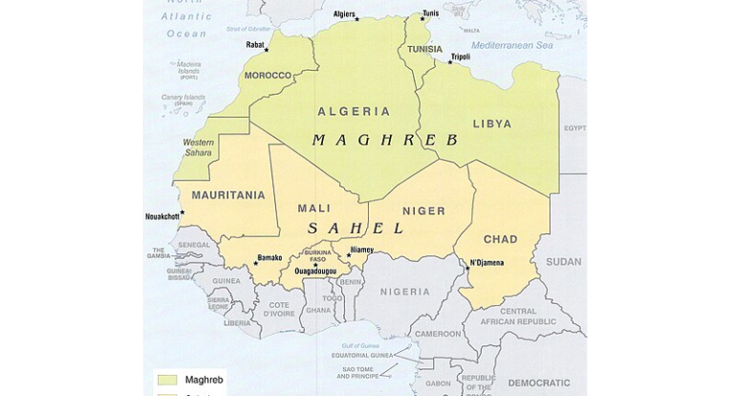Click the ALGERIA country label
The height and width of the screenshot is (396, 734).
pyautogui.click(x=354, y=112)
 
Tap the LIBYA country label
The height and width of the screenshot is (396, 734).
pyautogui.click(x=491, y=124)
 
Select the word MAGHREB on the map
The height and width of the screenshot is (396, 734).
pyautogui.click(x=385, y=141)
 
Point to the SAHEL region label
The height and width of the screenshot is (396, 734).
pyautogui.click(x=356, y=229)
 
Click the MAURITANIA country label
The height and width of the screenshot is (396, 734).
pyautogui.click(x=228, y=195)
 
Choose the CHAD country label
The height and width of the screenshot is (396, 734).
pyautogui.click(x=500, y=239)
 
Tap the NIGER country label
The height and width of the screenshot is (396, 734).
pyautogui.click(x=423, y=210)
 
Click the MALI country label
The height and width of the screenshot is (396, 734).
pyautogui.click(x=314, y=209)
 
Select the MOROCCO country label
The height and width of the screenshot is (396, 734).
pyautogui.click(x=268, y=76)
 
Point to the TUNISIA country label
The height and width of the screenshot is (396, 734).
pyautogui.click(x=425, y=50)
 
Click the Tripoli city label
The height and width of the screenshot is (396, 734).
pyautogui.click(x=461, y=56)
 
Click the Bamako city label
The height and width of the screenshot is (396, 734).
pyautogui.click(x=270, y=258)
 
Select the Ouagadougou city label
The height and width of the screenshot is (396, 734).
pyautogui.click(x=314, y=271)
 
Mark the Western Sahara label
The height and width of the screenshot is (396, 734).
pyautogui.click(x=198, y=147)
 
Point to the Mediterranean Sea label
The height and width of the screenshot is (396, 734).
pyautogui.click(x=512, y=45)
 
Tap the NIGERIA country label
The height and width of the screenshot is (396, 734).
pyautogui.click(x=405, y=292)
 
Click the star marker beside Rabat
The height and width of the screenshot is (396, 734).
pyautogui.click(x=267, y=51)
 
